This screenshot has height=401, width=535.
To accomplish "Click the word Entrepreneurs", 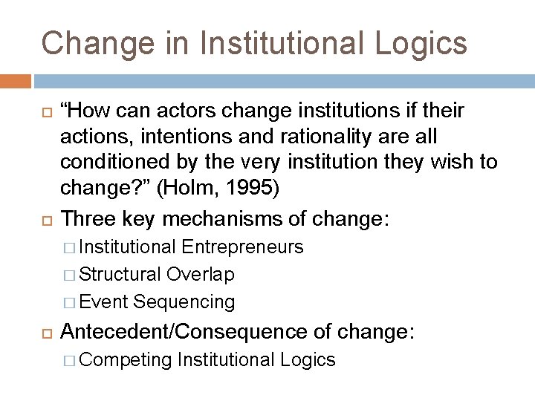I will tap(241, 246).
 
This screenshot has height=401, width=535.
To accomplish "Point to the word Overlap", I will tap(201, 274).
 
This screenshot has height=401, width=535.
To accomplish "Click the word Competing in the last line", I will tap(126, 360).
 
